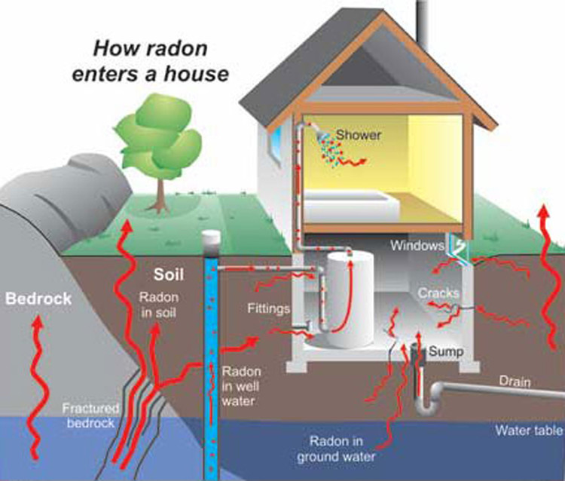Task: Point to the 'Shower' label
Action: (x=359, y=135)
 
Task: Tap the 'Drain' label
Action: (x=515, y=381)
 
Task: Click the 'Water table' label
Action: (x=528, y=430)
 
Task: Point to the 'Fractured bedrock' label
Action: (x=89, y=415)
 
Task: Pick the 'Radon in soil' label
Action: (x=158, y=305)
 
